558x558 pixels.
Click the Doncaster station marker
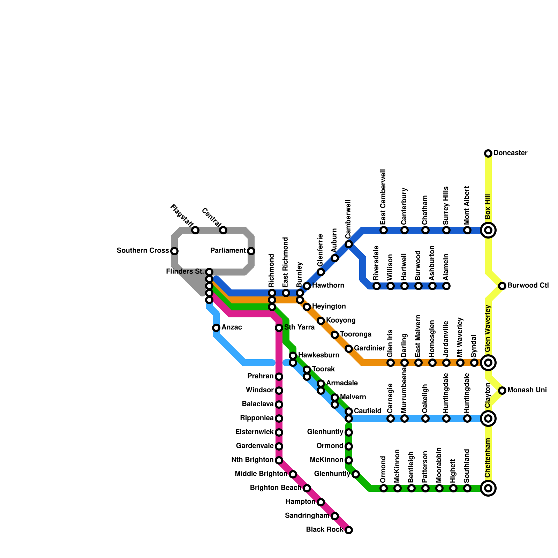pos(488,153)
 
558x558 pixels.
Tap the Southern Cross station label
pos(143,251)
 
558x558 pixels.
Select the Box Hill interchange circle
pos(488,230)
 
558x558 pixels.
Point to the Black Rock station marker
pos(349,530)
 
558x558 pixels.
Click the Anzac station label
pos(232,327)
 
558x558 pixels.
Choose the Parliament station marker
pos(251,251)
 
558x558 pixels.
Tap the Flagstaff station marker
pos(195,230)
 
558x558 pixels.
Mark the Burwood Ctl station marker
pos(502,286)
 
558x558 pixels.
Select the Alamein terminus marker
pos(446,286)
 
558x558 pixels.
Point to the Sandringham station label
pos(307,516)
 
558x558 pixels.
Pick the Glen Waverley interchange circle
pos(488,363)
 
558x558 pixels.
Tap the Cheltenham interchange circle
pos(488,488)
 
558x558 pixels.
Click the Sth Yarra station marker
pos(279,328)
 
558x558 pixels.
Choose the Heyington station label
pos(329,307)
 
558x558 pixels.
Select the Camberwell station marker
pos(349,244)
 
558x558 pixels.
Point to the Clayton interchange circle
pos(488,418)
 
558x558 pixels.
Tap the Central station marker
pos(223,230)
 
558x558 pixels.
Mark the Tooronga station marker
pos(335,335)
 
